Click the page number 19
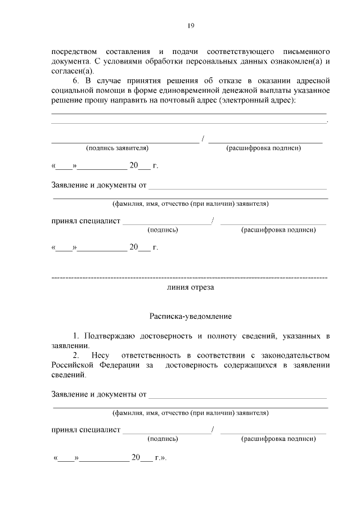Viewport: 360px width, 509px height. point(191,26)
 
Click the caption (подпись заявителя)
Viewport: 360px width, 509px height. point(117,148)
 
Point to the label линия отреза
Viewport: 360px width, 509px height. point(190,287)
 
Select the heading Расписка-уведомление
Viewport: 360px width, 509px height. point(190,317)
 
